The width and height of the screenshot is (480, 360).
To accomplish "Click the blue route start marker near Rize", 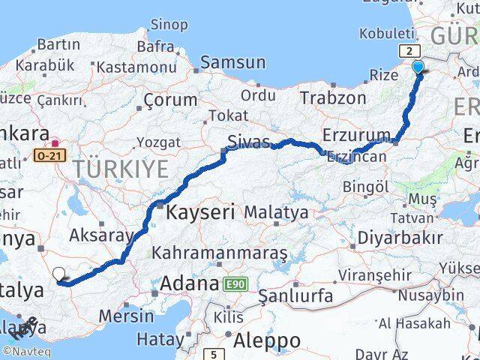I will tap(418, 67).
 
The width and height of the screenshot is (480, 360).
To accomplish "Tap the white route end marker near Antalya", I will tap(59, 274).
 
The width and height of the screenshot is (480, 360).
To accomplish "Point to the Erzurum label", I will tap(356, 134).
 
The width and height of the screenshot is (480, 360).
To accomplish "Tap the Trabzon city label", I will tap(331, 97).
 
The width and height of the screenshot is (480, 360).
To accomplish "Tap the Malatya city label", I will tap(276, 213).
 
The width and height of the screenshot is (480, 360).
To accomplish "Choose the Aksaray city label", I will tap(101, 235).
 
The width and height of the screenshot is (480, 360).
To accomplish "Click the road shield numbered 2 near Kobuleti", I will tap(409, 50).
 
